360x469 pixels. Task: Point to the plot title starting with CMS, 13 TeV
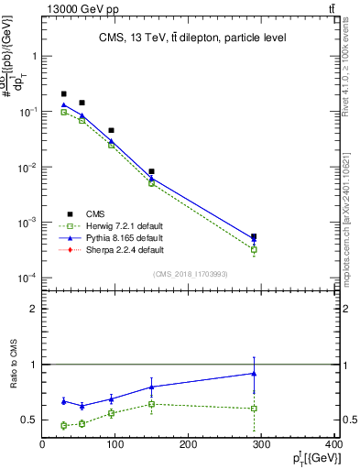pos(191,38)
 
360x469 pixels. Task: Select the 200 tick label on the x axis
pos(189,446)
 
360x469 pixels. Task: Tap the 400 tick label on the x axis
pos(334,446)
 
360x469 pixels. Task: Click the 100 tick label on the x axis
pos(115,446)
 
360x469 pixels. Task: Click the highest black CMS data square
pos(63,93)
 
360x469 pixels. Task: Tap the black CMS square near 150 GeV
pos(152,171)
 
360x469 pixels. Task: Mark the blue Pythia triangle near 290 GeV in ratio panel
pos(254,373)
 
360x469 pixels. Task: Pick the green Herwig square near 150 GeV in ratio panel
pos(152,404)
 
